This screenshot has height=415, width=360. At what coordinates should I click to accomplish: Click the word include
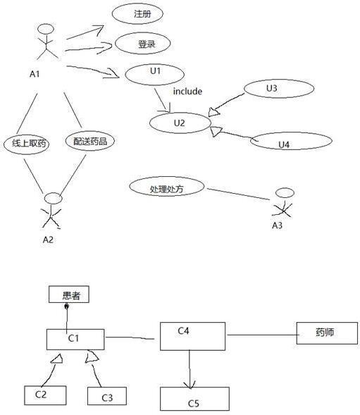tap(187, 92)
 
